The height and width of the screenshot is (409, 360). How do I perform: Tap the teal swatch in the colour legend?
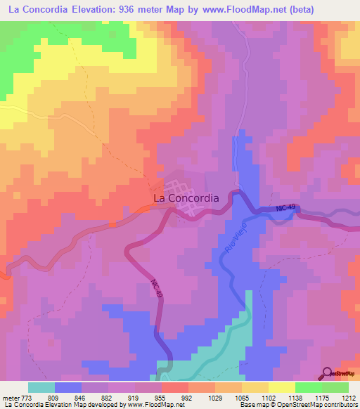pos(41,387)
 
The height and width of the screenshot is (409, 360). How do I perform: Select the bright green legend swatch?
pos(308,387)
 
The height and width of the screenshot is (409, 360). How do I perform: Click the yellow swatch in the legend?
pos(281,387)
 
